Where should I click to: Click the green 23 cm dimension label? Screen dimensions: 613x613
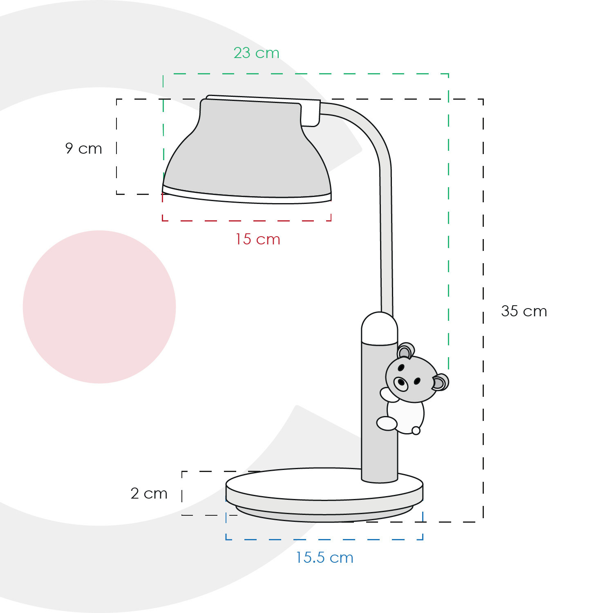pyautogui.click(x=256, y=53)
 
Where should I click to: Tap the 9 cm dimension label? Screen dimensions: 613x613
pyautogui.click(x=83, y=148)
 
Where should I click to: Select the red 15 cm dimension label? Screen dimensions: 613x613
pyautogui.click(x=257, y=239)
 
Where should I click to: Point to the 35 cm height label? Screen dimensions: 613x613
pyautogui.click(x=524, y=311)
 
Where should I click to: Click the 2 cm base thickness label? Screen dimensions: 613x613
pyautogui.click(x=149, y=493)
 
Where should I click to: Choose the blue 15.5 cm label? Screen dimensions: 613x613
pyautogui.click(x=324, y=557)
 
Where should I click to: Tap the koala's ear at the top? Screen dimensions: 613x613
pyautogui.click(x=405, y=351)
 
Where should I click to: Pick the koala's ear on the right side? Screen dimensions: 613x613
pyautogui.click(x=440, y=382)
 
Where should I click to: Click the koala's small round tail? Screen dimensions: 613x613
pyautogui.click(x=416, y=430)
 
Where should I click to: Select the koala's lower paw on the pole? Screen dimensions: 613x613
pyautogui.click(x=387, y=423)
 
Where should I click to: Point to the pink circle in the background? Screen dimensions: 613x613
pyautogui.click(x=99, y=307)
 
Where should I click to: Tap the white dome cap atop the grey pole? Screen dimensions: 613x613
pyautogui.click(x=380, y=329)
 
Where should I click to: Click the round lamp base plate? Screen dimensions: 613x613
pyautogui.click(x=324, y=494)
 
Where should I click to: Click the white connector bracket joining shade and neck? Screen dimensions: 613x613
pyautogui.click(x=311, y=112)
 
